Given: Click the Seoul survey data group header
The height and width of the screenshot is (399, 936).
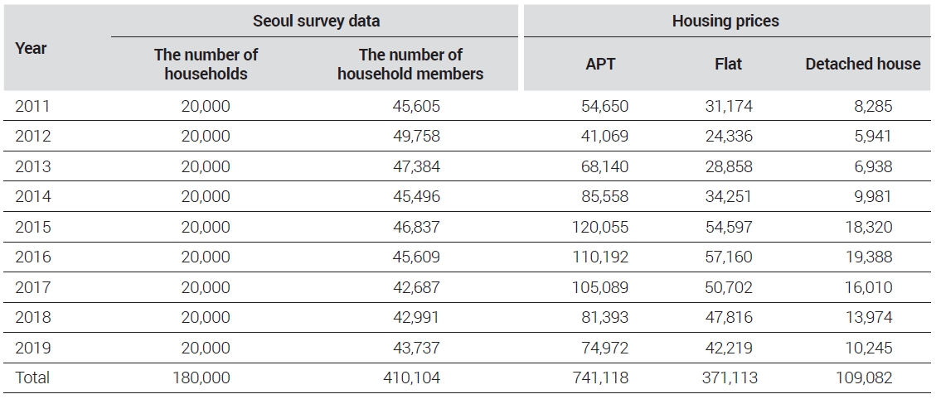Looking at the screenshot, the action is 317,21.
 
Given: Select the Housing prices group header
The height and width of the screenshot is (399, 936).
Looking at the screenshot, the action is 725,21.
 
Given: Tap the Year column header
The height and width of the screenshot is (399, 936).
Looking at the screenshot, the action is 31,48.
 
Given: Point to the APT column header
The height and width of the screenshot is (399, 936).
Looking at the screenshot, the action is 600,64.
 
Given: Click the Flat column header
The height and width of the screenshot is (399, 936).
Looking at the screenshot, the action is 728,64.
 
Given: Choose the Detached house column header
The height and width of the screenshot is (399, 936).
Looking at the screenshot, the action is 862,64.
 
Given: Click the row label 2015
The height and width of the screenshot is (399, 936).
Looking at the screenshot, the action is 33,228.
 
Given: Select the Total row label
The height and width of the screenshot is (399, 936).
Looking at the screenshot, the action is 33,377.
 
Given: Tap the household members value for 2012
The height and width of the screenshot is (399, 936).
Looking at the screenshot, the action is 416,136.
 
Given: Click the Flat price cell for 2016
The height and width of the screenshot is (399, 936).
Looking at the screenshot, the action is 729,257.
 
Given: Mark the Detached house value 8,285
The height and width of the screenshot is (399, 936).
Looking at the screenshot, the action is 873,106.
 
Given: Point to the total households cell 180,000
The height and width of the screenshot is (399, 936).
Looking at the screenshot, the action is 201,377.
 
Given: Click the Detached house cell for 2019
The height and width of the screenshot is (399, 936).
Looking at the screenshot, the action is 869,348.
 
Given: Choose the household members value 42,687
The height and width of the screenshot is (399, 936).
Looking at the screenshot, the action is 416,287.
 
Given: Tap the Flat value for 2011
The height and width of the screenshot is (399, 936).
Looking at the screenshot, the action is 729,106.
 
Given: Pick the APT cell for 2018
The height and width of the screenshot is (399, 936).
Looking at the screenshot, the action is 604,317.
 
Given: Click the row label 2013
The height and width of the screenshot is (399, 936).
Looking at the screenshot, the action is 33,166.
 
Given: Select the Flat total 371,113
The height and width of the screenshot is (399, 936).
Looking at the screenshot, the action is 731,377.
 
